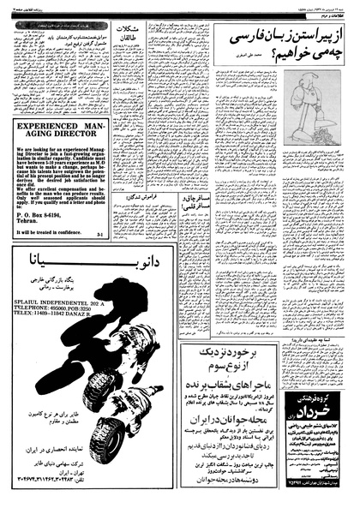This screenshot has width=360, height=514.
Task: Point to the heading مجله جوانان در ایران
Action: tap(231, 441)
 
